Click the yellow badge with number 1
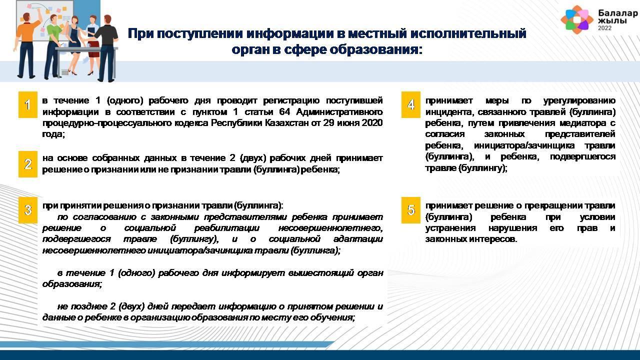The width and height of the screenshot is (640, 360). (28, 104)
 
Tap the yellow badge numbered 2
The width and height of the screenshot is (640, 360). (28, 164)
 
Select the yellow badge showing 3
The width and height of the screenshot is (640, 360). (28, 210)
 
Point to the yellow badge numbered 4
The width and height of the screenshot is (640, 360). (411, 104)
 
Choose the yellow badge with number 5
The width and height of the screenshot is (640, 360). (411, 210)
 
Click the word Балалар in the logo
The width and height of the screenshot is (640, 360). (617, 13)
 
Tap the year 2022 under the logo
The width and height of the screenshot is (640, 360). (604, 28)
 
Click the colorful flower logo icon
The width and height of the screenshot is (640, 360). (576, 19)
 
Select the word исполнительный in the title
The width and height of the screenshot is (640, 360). (468, 33)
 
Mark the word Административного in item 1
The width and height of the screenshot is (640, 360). (339, 111)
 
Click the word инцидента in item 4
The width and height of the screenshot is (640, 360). (445, 111)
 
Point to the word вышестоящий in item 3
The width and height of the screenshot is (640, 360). (309, 273)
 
